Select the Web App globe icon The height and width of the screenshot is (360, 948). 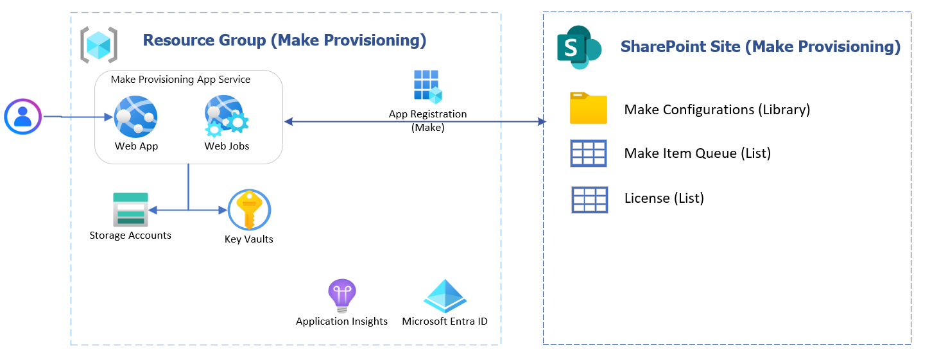tap(135, 117)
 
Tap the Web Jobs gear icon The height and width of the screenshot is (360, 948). tap(226, 116)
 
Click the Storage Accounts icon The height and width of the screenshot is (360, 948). tap(130, 209)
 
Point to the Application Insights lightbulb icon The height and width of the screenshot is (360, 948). tap(341, 295)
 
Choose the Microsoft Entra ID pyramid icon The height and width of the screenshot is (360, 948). tap(445, 296)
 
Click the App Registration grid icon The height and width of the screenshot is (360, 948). tap(427, 87)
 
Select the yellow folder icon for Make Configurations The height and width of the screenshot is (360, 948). tap(588, 108)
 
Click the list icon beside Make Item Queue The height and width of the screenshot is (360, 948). tap(588, 153)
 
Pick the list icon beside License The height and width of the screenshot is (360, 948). tap(589, 199)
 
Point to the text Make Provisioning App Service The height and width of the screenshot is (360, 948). tap(180, 80)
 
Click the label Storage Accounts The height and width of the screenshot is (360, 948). tap(130, 236)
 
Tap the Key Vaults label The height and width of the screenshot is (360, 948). tap(249, 239)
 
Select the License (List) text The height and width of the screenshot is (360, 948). tap(664, 198)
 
